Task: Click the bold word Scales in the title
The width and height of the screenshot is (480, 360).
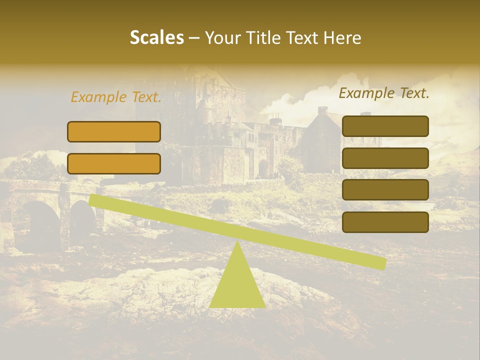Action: click(x=156, y=38)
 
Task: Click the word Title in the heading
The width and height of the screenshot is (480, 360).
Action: click(x=263, y=38)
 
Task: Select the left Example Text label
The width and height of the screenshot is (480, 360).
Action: click(x=116, y=97)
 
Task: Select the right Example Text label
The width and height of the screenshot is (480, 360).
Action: click(x=384, y=93)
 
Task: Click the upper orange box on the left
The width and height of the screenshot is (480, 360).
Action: click(x=114, y=131)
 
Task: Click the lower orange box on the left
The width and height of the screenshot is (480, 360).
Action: click(x=114, y=163)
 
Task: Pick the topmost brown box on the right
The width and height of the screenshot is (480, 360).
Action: click(x=385, y=126)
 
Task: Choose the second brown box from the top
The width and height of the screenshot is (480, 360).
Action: click(x=385, y=158)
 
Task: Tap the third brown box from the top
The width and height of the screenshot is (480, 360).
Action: click(x=385, y=190)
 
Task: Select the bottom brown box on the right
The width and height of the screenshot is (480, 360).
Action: click(x=385, y=222)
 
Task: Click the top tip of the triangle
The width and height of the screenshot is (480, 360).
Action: click(x=237, y=242)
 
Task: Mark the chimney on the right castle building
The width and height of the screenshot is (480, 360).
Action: click(x=322, y=111)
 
